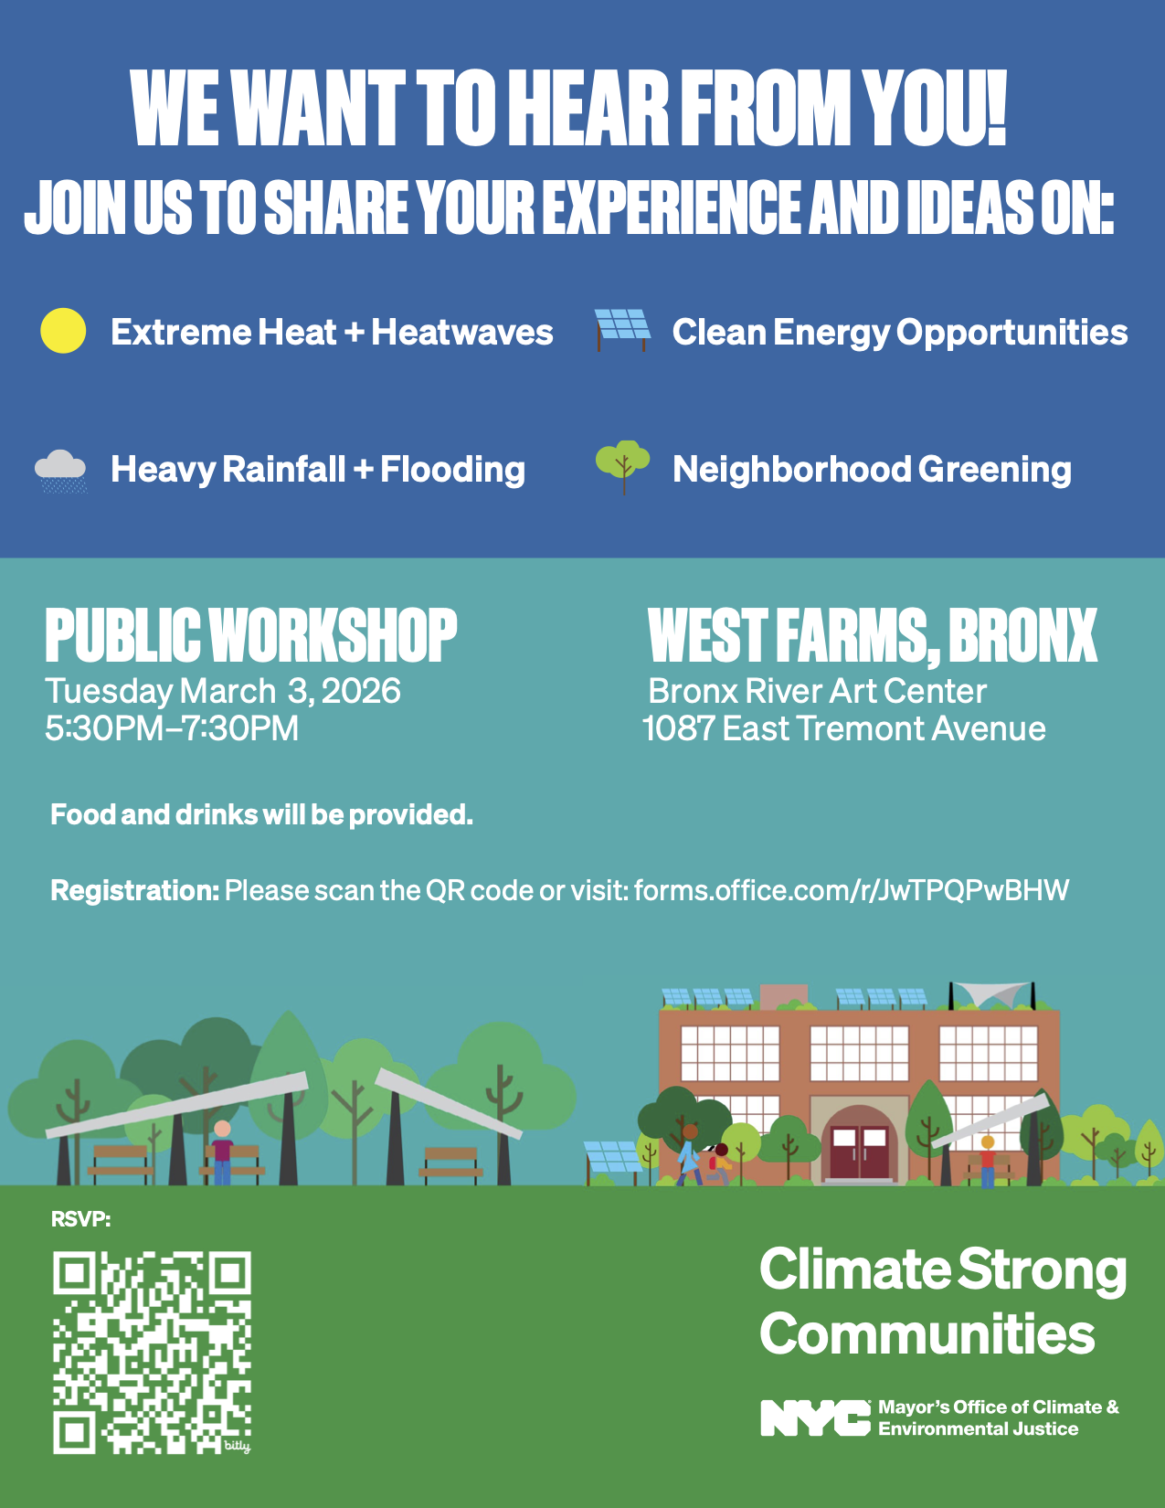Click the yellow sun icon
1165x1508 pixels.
(x=63, y=331)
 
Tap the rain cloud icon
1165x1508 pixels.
(x=61, y=472)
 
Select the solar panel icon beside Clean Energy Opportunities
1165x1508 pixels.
(x=622, y=330)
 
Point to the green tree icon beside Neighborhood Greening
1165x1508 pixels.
(x=623, y=467)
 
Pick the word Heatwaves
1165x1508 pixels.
(x=462, y=332)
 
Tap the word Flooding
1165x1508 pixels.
(x=452, y=470)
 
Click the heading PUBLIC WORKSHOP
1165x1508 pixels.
(x=251, y=634)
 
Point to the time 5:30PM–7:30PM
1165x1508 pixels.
(x=172, y=728)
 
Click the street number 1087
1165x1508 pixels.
(x=679, y=728)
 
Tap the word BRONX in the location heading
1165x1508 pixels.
(x=1022, y=636)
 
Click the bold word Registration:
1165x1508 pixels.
(x=135, y=890)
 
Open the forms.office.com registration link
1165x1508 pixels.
(x=852, y=890)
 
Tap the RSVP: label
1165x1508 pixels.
(x=81, y=1219)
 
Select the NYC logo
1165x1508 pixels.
(x=815, y=1418)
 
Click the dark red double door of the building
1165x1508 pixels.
(x=859, y=1152)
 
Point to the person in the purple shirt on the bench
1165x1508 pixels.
(x=222, y=1152)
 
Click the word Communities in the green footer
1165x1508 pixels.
(x=927, y=1333)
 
